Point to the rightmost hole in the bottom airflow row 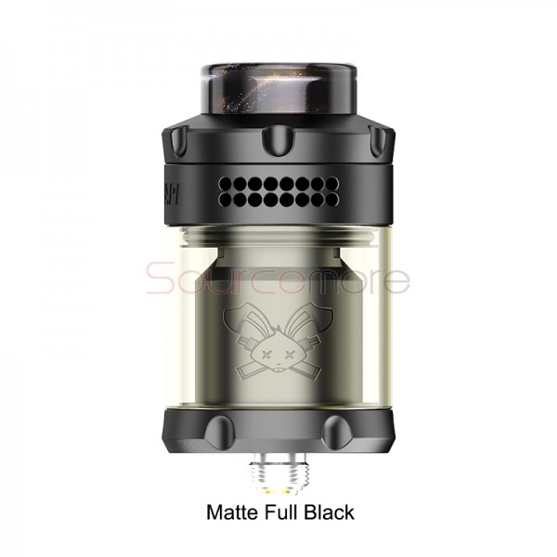pos(319,201)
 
